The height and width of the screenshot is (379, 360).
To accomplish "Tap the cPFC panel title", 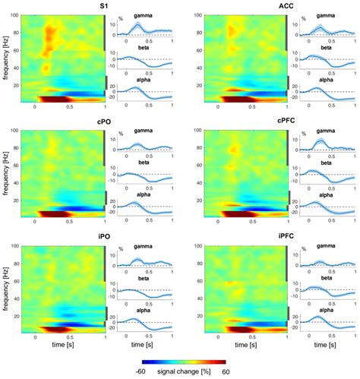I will pyautogui.click(x=245, y=124).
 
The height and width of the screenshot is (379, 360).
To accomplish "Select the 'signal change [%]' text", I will pyautogui.click(x=182, y=372).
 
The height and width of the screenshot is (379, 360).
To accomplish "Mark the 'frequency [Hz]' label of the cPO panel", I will pyautogui.click(x=7, y=174).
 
